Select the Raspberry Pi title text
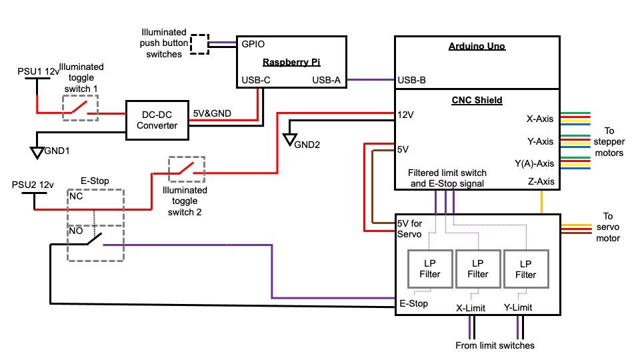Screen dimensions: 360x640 click(291, 62)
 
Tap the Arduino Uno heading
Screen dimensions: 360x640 click(477, 47)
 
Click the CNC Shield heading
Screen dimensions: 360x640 click(477, 100)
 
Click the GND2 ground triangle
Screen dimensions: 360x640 click(290, 140)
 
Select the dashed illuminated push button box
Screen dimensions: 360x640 click(199, 44)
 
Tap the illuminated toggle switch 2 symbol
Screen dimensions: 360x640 click(187, 169)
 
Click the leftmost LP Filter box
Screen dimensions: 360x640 click(430, 269)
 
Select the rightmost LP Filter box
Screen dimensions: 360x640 click(526, 269)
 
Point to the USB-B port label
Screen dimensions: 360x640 click(412, 81)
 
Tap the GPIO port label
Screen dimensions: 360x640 click(253, 44)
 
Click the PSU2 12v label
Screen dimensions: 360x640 click(33, 184)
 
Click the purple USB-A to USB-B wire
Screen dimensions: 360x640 click(370, 81)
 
